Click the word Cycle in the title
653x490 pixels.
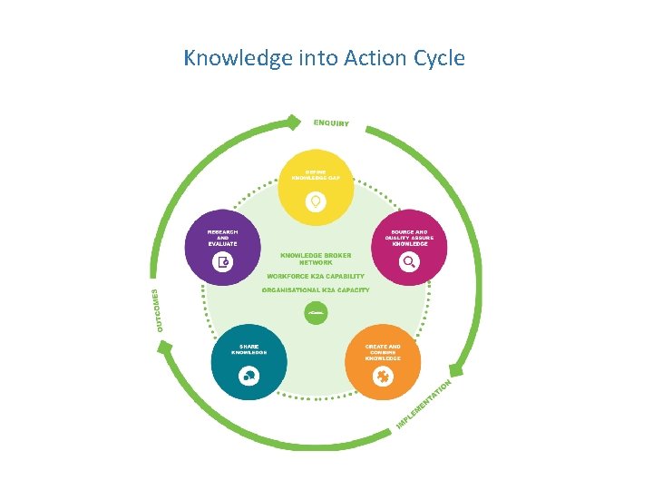[x=436, y=59]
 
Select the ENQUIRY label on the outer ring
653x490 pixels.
[x=331, y=122]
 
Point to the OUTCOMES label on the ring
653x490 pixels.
[x=161, y=309]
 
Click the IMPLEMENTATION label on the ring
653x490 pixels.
[x=424, y=405]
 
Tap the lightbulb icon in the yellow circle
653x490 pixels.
[x=316, y=201]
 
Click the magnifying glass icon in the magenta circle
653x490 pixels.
[x=409, y=262]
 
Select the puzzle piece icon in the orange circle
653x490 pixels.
[x=383, y=377]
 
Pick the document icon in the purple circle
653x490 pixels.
[x=222, y=262]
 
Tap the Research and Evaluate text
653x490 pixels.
[x=222, y=238]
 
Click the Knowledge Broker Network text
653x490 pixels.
[x=316, y=259]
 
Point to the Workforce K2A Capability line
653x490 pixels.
[x=316, y=276]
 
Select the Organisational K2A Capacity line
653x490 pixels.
[x=316, y=290]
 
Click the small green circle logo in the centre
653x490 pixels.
[x=316, y=313]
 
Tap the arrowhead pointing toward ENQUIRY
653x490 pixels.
[x=292, y=120]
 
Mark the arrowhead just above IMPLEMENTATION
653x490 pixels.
[x=459, y=368]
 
